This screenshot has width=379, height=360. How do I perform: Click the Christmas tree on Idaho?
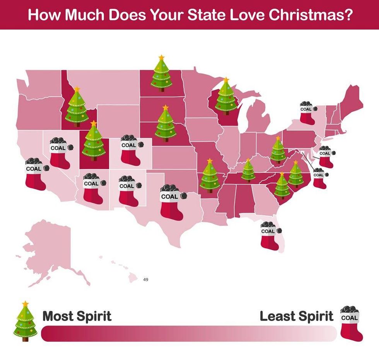coord(77,107)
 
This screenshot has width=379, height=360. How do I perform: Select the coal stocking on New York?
coord(307,113)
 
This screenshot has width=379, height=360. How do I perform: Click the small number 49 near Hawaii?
coord(145,279)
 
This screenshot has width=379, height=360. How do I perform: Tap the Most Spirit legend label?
coord(77,316)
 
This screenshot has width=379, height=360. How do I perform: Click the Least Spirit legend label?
coord(296,316)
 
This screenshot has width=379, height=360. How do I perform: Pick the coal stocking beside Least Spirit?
coord(352,324)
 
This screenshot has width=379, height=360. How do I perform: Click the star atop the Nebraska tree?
coord(166,107)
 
